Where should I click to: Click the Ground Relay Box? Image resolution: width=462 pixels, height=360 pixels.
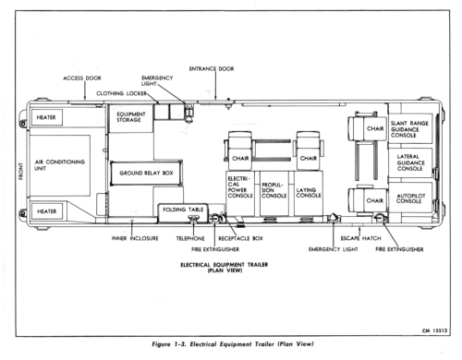146,174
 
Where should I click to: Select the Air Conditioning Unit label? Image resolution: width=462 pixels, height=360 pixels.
59,165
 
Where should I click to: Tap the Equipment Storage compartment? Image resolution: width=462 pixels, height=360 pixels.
131,118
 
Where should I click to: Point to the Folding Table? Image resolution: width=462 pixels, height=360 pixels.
183,212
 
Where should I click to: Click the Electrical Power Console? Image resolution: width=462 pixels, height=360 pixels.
240,193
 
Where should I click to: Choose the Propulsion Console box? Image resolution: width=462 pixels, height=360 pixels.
274,193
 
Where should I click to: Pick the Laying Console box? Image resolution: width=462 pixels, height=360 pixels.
309,193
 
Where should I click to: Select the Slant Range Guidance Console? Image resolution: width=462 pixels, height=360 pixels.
410,128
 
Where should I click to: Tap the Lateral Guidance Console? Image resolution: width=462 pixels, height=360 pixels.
410,162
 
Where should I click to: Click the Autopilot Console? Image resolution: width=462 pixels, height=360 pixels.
410,198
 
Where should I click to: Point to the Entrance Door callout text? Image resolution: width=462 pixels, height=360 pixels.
212,69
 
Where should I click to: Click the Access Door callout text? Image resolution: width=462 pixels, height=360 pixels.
82,78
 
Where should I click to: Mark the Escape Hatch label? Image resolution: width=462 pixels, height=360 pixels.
360,238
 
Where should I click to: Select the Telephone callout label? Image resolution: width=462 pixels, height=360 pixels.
190,238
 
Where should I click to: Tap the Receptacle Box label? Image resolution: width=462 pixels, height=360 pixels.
240,238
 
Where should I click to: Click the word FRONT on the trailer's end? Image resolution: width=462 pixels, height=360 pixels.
20,171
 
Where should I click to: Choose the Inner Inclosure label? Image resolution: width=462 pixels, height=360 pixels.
135,238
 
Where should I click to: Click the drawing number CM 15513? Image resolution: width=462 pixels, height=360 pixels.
434,330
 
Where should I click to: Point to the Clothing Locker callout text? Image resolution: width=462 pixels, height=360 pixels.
121,93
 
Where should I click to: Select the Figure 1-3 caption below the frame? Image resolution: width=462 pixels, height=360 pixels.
233,344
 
